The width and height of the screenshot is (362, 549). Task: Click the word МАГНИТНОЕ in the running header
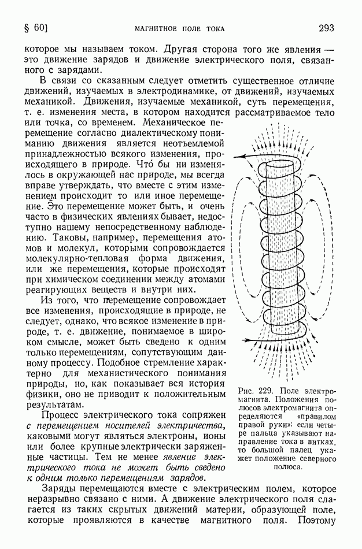tap(157, 28)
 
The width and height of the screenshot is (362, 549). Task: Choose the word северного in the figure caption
tap(313, 458)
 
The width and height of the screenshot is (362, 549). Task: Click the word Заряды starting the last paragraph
tap(60, 489)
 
